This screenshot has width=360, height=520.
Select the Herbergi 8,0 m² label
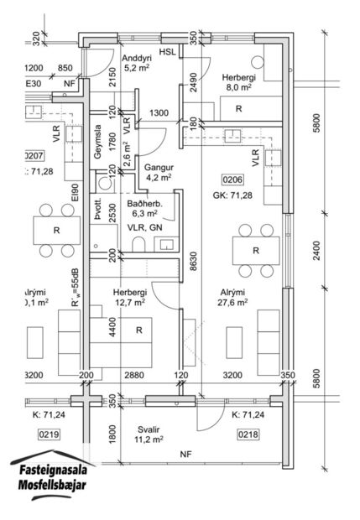[x=237, y=83]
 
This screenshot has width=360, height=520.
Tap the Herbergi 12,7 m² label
[x=130, y=298]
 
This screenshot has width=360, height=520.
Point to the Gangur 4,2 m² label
[x=158, y=172]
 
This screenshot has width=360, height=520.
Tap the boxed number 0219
[x=48, y=434]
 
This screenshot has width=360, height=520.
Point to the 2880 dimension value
[x=134, y=377]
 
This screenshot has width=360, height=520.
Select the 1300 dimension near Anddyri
[x=158, y=112]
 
